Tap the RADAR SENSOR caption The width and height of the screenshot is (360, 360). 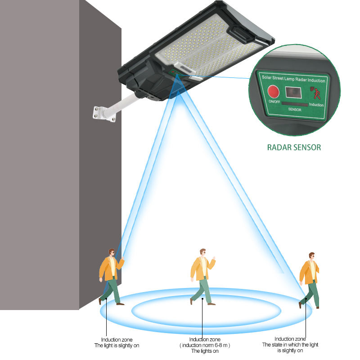(294, 147)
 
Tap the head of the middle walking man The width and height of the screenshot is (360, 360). (202, 253)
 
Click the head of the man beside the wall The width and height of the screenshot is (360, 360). (111, 253)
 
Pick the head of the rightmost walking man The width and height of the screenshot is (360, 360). (310, 257)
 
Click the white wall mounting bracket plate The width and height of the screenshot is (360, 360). (103, 113)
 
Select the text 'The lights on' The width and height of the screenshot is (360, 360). (203, 351)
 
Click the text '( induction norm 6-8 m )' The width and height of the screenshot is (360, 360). (203, 345)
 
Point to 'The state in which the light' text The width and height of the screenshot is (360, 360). (290, 345)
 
